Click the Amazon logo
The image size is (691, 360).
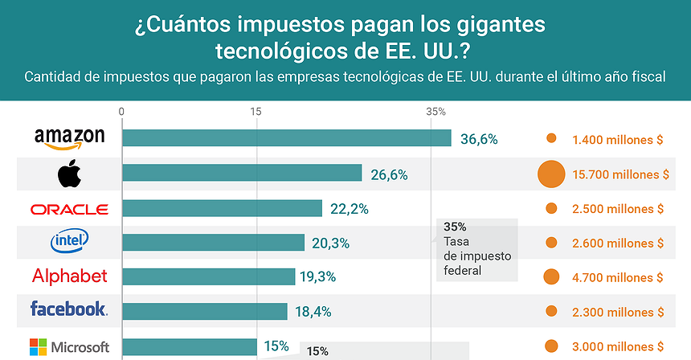[x=69, y=138]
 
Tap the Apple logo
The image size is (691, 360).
[x=69, y=173]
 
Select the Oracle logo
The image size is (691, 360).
[x=69, y=209]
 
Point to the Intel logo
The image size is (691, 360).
[x=69, y=241]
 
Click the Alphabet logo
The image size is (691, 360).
[x=69, y=276]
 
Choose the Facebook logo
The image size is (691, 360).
[x=69, y=309]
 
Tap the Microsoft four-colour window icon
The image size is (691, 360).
[x=39, y=347]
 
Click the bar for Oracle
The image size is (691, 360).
[x=222, y=209]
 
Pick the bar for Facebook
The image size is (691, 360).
[x=204, y=311]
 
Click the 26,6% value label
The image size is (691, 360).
[x=389, y=174]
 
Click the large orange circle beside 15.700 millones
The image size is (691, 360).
[x=551, y=174]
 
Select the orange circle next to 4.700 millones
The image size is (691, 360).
[x=551, y=277]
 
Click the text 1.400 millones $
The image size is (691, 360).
[x=617, y=140]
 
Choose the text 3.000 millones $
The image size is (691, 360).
[x=617, y=346]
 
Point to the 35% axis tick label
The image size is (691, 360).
[x=435, y=112]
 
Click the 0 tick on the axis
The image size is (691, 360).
[x=121, y=112]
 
